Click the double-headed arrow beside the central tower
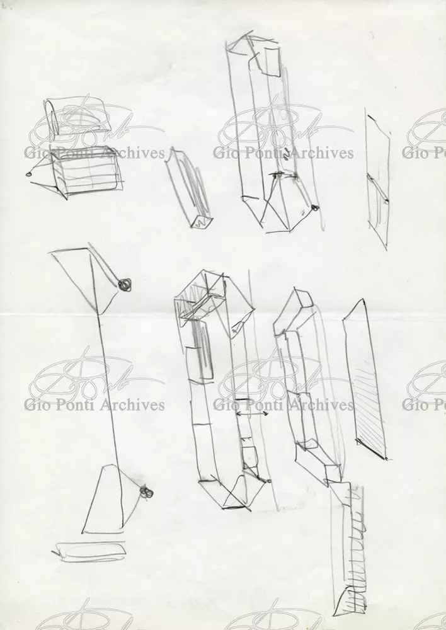252,413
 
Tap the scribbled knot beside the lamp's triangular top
125,285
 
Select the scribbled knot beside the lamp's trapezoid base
147,492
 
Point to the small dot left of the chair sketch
29,174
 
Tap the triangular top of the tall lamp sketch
84,277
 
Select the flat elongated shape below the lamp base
89,551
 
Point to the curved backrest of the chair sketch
52,117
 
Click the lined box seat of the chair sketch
86,171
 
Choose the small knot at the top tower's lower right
314,208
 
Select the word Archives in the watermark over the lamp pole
132,404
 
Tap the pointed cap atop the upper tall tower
251,39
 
